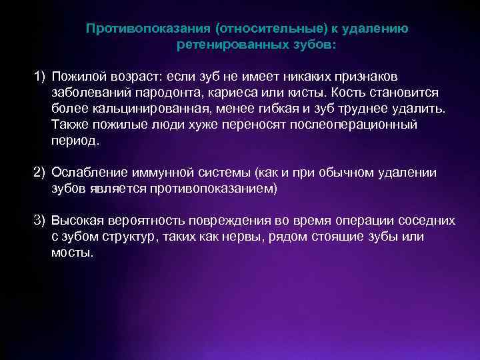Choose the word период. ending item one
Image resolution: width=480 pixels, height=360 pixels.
(74, 141)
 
